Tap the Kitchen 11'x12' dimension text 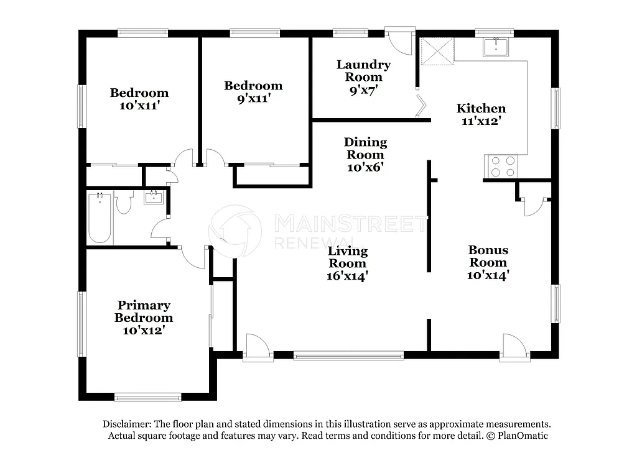[481, 122]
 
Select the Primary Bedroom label [144, 311]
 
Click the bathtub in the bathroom [100, 219]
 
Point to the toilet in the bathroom [124, 203]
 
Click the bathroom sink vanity [154, 198]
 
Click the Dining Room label [365, 149]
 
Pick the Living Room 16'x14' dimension [348, 276]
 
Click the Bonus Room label [488, 256]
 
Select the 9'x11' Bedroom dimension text [253, 98]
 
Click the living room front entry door [258, 349]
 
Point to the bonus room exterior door [516, 348]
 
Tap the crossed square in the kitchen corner [437, 50]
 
